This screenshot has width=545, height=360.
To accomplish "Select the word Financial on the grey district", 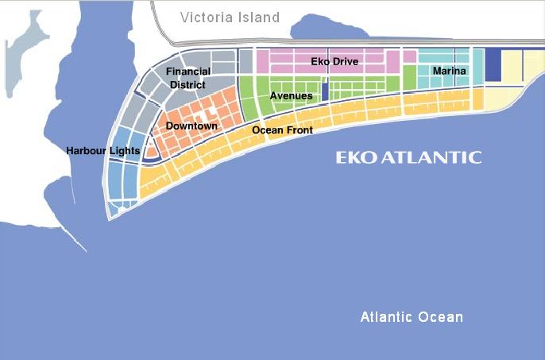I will click(x=188, y=72).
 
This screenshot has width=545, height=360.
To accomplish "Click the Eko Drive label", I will click(x=334, y=61).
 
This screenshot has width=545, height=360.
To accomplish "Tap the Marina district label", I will click(x=449, y=72).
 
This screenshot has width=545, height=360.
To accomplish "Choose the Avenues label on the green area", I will click(x=291, y=96).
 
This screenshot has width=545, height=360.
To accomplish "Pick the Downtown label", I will click(x=191, y=126).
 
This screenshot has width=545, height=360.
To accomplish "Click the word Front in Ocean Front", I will click(x=299, y=130).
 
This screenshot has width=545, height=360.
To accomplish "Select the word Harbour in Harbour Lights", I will click(x=87, y=150).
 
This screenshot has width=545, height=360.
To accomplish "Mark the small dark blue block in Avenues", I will click(x=325, y=91).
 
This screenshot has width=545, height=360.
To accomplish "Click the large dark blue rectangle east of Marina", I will click(x=493, y=65).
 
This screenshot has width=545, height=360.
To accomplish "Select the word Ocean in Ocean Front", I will click(x=268, y=130).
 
